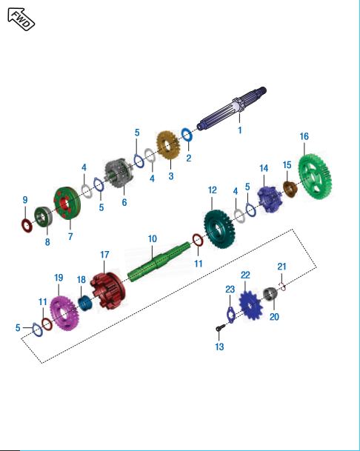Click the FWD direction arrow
tap(21, 19)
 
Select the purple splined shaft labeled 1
tap(232, 109)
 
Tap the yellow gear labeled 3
tap(168, 146)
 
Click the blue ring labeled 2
tap(187, 134)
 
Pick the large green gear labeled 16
tap(315, 176)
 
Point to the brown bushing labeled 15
tap(290, 190)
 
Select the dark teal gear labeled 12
tap(219, 229)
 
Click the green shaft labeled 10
tap(159, 261)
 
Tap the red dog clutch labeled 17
tap(107, 291)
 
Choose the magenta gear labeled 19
tap(64, 313)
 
